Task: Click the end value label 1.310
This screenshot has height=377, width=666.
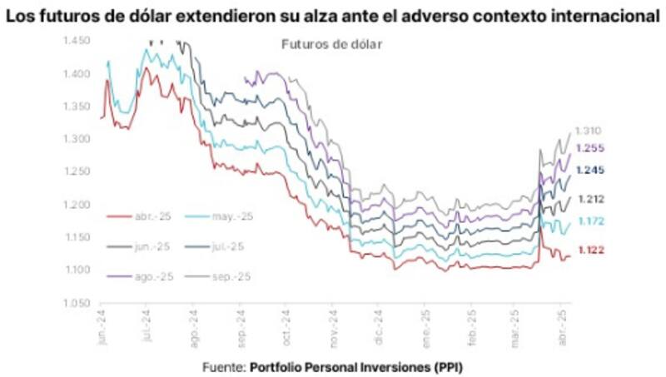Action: pos(588,131)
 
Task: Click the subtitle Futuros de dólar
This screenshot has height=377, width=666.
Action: pos(331,45)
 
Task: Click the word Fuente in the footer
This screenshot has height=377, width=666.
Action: pos(222,366)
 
